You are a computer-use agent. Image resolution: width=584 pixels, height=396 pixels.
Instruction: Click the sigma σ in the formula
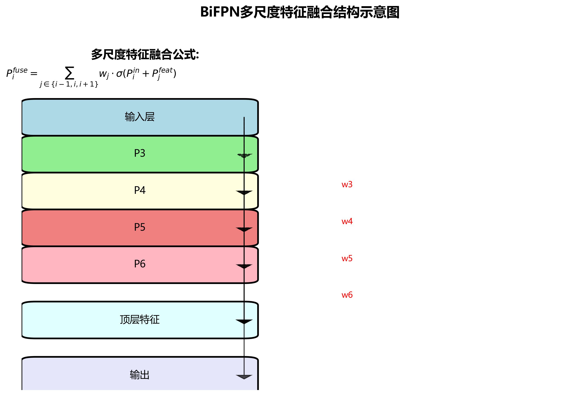tap(119, 74)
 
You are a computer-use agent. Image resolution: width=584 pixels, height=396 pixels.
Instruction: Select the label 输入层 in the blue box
tap(140, 117)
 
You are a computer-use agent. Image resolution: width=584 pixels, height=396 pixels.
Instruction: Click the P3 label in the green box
tap(140, 153)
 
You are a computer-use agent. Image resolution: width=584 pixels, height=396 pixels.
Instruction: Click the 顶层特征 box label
tap(140, 320)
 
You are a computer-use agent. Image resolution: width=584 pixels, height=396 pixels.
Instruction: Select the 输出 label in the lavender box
tap(140, 375)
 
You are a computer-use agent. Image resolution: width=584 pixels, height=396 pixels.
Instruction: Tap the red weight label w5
tap(347, 258)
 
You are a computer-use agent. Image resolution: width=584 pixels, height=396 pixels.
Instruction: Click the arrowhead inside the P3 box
tap(244, 156)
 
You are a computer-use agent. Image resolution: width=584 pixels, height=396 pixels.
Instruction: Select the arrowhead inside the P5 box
tap(244, 230)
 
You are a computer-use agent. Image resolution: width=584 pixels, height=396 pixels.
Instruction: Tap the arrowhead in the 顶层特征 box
tap(244, 322)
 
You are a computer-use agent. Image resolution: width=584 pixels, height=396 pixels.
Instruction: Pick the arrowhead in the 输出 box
tap(244, 377)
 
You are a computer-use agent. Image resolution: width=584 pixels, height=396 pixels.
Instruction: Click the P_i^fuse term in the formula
tap(17, 73)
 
